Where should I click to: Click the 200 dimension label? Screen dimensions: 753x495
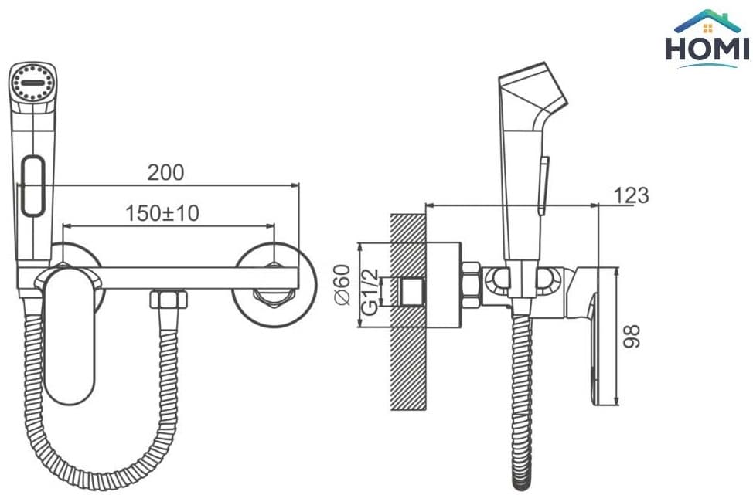coord(165,173)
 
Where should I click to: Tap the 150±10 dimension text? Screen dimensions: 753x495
coord(162,213)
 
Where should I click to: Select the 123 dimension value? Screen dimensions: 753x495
coord(631,195)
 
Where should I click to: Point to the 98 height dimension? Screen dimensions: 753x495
coord(632,336)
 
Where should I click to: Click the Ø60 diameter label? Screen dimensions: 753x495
coord(342,284)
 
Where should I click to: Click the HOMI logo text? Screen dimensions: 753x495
coord(707,49)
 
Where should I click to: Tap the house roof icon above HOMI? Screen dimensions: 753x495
coord(707,21)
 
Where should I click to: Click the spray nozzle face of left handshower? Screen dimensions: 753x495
coord(32,83)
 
